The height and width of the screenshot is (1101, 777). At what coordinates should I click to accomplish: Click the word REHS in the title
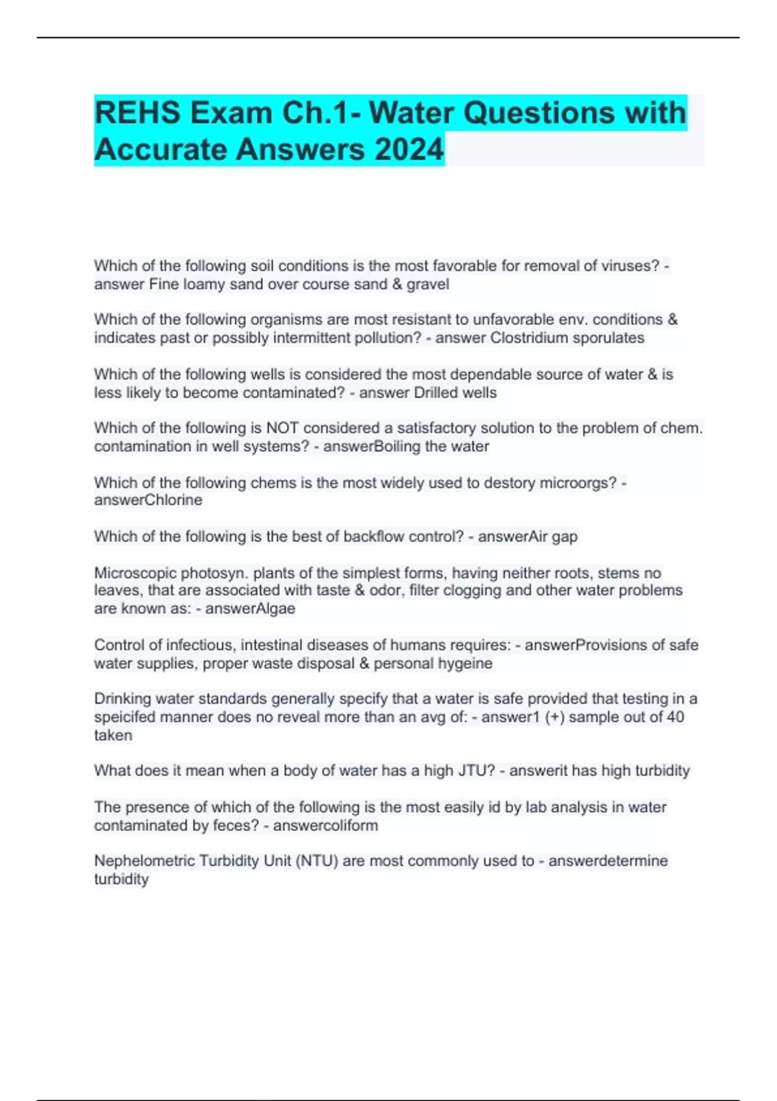[137, 113]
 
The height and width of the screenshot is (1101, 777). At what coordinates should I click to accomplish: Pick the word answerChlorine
[148, 500]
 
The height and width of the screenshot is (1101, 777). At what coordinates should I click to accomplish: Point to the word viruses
[633, 266]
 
